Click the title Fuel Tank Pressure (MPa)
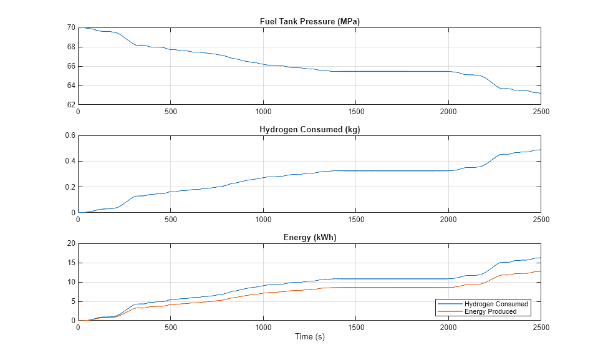pyautogui.click(x=309, y=22)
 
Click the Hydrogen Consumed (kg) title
pyautogui.click(x=309, y=130)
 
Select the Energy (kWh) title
pyautogui.click(x=309, y=238)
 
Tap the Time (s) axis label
pyautogui.click(x=309, y=337)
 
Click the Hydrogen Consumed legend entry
pyautogui.click(x=496, y=304)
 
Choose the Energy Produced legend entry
pyautogui.click(x=490, y=311)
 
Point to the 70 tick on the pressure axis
pyautogui.click(x=71, y=27)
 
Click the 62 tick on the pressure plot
pyautogui.click(x=71, y=105)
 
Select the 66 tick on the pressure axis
pyautogui.click(x=71, y=66)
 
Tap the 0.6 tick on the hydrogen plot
pyautogui.click(x=70, y=135)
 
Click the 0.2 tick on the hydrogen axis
pyautogui.click(x=70, y=187)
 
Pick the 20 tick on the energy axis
pyautogui.click(x=71, y=243)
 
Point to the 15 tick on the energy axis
pyautogui.click(x=71, y=263)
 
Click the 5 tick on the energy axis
pyautogui.click(x=73, y=301)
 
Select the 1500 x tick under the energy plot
pyautogui.click(x=356, y=327)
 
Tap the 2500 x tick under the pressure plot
pyautogui.click(x=541, y=111)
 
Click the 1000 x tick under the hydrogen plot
pyautogui.click(x=263, y=219)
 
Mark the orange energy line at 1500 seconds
pyautogui.click(x=356, y=287)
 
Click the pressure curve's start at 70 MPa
pyautogui.click(x=79, y=28)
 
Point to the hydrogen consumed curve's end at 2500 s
pyautogui.click(x=540, y=150)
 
